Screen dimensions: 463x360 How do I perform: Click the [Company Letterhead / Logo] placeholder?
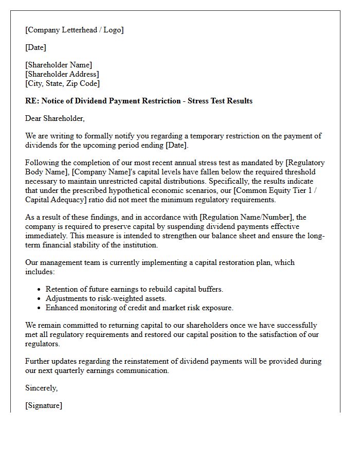[x=75, y=30]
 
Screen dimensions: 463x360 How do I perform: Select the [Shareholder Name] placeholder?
[x=59, y=65]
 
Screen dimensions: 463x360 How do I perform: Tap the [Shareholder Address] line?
[x=62, y=74]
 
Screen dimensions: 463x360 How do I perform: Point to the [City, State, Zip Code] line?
[x=63, y=83]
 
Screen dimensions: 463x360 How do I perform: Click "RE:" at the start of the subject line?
[x=32, y=101]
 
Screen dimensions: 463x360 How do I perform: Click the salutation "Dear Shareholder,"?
[x=55, y=118]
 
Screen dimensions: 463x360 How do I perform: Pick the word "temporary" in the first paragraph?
[x=208, y=136]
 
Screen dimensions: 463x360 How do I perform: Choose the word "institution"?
[x=138, y=245]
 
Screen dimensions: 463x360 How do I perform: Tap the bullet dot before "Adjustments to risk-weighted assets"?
[x=39, y=299]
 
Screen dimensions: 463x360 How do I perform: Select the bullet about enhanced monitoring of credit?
[x=139, y=308]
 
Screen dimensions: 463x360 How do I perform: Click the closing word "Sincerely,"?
[x=42, y=388]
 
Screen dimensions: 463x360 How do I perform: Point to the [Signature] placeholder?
[x=44, y=405]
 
